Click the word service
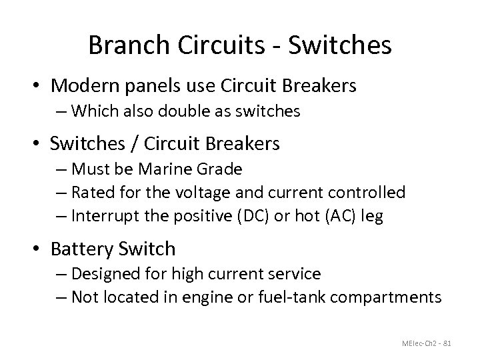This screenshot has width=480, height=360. point(293,273)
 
